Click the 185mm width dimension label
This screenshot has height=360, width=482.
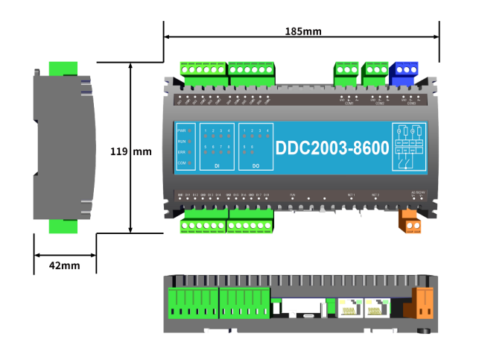click(x=302, y=31)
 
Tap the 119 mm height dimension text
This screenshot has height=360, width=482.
click(x=130, y=151)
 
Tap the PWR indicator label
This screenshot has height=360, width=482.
click(x=181, y=130)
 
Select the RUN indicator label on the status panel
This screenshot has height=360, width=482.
click(x=181, y=141)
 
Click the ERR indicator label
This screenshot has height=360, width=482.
click(x=181, y=152)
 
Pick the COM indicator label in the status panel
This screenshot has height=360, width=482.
click(x=181, y=162)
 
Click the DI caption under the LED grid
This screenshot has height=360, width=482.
click(x=217, y=165)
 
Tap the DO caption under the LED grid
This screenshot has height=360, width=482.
click(x=256, y=165)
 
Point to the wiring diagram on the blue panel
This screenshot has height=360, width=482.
click(x=409, y=148)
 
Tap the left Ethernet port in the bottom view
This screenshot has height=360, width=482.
click(x=349, y=307)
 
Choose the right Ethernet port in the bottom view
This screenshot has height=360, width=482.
click(x=374, y=307)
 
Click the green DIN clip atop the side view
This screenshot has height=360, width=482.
click(x=65, y=68)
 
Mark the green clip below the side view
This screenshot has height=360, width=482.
click(x=65, y=225)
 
